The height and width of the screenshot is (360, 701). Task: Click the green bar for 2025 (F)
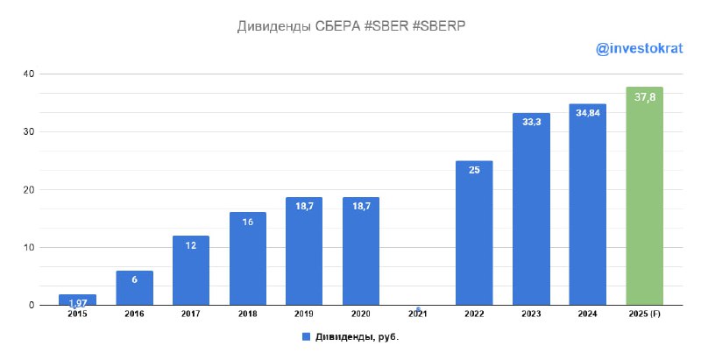pyautogui.click(x=644, y=196)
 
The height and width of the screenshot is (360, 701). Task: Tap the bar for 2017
pyautogui.click(x=190, y=271)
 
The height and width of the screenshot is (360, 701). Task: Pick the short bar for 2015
pyautogui.click(x=77, y=300)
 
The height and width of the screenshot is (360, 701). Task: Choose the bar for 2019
pyautogui.click(x=304, y=251)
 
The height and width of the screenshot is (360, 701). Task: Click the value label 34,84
pyautogui.click(x=587, y=112)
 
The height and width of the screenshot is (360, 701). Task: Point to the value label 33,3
pyautogui.click(x=531, y=122)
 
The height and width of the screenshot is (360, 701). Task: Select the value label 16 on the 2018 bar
pyautogui.click(x=247, y=222)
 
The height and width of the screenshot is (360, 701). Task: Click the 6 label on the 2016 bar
pyautogui.click(x=134, y=279)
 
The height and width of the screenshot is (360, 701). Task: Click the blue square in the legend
pyautogui.click(x=306, y=335)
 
